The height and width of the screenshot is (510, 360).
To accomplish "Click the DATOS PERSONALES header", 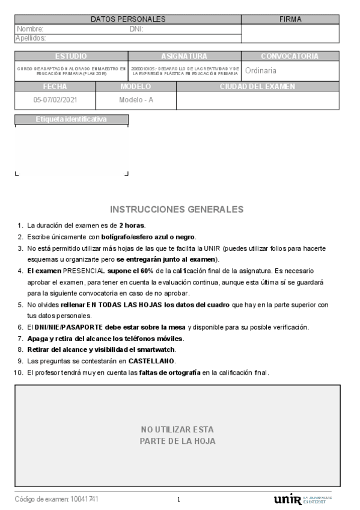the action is [x=128, y=19].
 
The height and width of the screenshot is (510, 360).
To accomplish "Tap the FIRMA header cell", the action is [x=290, y=19].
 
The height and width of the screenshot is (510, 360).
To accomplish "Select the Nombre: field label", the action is [x=30, y=29].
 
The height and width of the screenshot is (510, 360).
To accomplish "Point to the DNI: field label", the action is [x=136, y=29].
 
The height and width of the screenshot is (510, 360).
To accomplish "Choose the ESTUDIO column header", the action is [x=71, y=56].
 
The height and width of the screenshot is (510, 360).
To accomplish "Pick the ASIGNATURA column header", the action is [x=185, y=56].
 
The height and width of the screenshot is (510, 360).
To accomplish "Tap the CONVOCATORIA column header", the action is [x=290, y=56].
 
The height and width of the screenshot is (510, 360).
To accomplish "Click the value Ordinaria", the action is [x=261, y=71].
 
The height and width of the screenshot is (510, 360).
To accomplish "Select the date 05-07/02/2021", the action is [x=56, y=100].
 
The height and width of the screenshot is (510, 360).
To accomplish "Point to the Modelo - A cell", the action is [x=136, y=100].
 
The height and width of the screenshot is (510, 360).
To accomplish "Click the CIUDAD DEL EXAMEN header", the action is [x=257, y=87].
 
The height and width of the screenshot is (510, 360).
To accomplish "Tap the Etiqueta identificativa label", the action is [x=71, y=119].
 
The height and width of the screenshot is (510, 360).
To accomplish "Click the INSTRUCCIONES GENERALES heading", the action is [x=177, y=209].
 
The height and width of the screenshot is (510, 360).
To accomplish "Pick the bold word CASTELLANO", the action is [x=151, y=361].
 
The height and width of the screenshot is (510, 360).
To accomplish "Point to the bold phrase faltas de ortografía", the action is [x=169, y=372].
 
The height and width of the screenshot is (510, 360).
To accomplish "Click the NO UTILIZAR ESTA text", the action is [x=177, y=429].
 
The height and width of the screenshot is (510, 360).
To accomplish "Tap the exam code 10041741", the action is [x=84, y=499].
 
